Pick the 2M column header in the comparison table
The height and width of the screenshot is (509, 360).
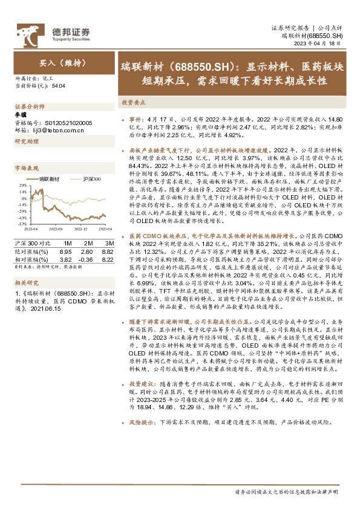point(86,242)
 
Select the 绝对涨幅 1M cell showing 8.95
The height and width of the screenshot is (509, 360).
point(66,250)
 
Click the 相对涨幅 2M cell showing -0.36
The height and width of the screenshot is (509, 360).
point(86,258)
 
